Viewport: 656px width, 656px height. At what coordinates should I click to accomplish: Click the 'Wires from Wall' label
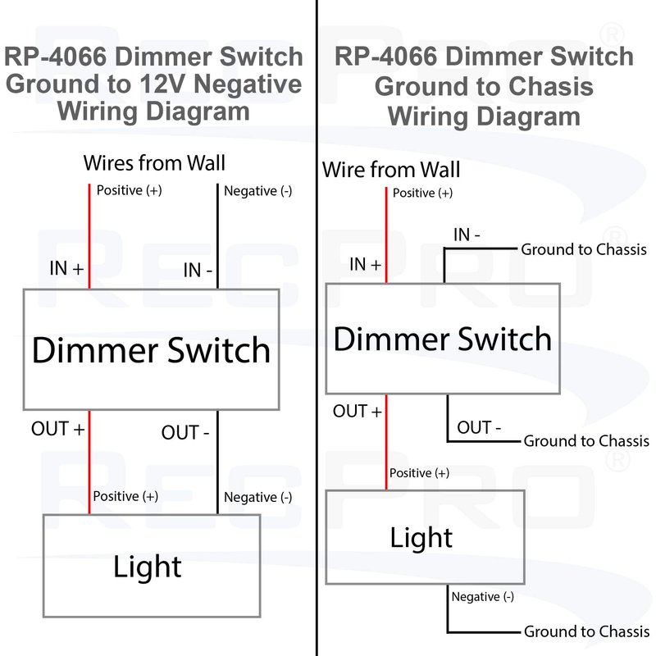(154, 162)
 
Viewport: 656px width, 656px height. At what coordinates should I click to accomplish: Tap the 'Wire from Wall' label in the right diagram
(391, 170)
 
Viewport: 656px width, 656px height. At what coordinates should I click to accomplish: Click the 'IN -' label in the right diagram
(467, 235)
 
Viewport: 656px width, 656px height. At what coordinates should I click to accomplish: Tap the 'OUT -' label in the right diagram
(480, 427)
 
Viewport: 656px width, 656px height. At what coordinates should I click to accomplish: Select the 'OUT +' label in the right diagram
(358, 411)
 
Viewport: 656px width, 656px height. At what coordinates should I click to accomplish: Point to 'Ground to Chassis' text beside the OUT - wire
(585, 441)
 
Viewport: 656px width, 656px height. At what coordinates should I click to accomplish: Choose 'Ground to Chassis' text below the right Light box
(585, 631)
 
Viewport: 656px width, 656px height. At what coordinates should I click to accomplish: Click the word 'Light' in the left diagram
(148, 566)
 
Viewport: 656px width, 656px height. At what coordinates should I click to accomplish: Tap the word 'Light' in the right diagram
(421, 538)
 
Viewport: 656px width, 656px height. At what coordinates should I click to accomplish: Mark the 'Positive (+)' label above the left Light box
(125, 496)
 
